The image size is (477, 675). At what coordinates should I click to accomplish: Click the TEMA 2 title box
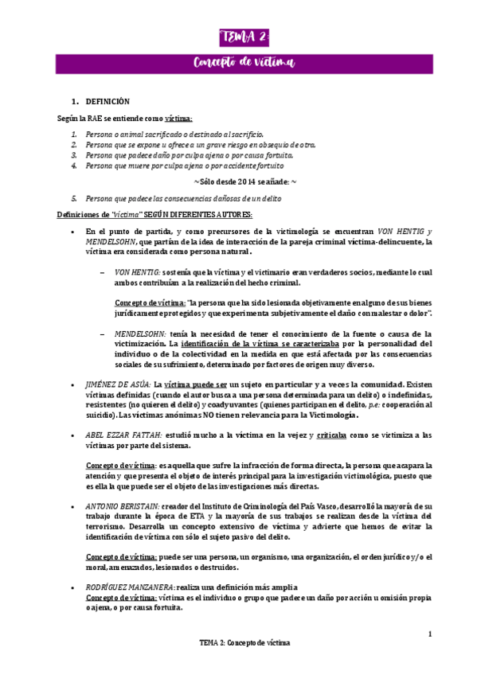245,37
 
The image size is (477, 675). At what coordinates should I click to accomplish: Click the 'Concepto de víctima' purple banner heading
244,62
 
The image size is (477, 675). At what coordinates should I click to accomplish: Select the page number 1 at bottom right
430,634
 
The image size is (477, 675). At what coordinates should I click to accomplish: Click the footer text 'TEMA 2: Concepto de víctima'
244,642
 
